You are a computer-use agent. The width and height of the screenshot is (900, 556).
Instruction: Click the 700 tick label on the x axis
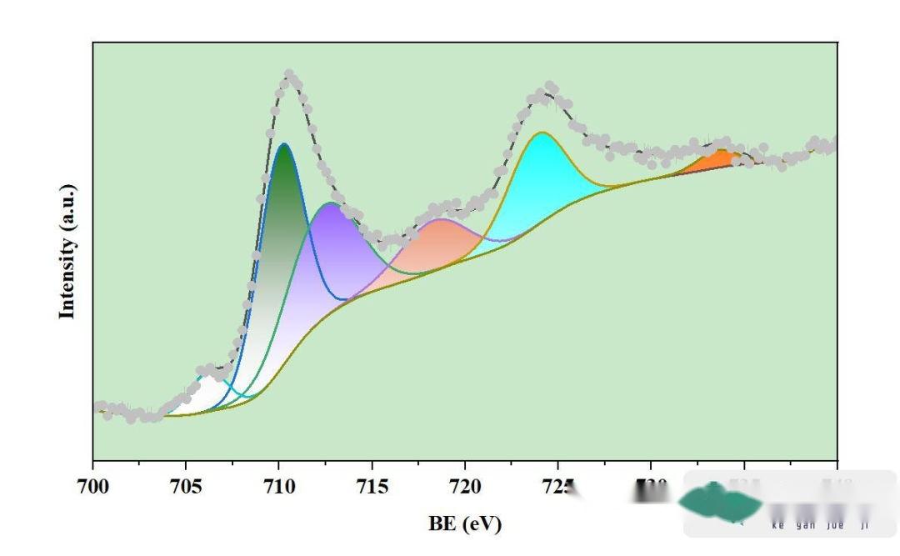(x=92, y=485)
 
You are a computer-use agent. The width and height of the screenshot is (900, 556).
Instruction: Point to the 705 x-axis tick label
(x=186, y=485)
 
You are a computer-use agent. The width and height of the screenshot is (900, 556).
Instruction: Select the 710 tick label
(x=278, y=485)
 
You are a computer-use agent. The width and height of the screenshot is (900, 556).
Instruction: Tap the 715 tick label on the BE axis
(x=372, y=485)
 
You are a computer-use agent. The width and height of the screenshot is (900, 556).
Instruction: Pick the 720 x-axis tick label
(x=464, y=485)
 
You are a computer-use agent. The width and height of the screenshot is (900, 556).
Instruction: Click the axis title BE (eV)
(x=465, y=523)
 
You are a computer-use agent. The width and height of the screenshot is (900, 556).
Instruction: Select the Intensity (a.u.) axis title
(x=67, y=251)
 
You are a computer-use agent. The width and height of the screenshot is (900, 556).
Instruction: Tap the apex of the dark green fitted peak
(x=285, y=145)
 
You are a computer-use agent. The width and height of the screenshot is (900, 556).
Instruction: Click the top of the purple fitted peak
(x=332, y=203)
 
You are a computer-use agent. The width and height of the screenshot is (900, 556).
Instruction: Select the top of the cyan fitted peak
(x=542, y=133)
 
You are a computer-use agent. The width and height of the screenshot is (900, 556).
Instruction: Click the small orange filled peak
(x=721, y=158)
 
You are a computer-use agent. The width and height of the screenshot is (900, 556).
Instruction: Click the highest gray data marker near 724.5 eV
(x=550, y=86)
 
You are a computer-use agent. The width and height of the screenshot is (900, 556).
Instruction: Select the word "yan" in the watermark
(x=805, y=526)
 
